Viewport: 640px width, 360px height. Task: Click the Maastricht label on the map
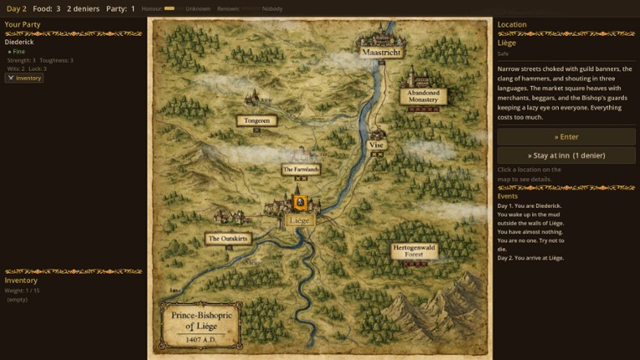(381, 52)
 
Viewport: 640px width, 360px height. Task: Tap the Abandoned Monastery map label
(423, 95)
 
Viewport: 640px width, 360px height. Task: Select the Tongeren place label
(257, 121)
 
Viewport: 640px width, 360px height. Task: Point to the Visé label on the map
(376, 145)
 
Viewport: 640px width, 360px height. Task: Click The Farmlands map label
(301, 169)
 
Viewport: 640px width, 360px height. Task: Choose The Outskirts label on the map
(228, 239)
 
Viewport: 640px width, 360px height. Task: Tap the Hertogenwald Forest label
(414, 250)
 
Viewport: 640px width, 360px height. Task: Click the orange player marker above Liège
(300, 202)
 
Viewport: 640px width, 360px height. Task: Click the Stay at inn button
(566, 156)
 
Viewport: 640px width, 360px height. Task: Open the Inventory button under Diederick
(24, 78)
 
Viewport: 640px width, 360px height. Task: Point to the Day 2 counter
(17, 8)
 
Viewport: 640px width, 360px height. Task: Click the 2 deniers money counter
(83, 8)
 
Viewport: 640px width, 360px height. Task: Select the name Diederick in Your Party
(20, 41)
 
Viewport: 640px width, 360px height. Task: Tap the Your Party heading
(23, 24)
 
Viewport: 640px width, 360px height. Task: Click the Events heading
(508, 196)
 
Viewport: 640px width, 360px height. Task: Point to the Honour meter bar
(173, 8)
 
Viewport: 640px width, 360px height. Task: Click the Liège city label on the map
(298, 221)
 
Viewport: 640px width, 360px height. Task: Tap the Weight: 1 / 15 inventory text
(23, 290)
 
